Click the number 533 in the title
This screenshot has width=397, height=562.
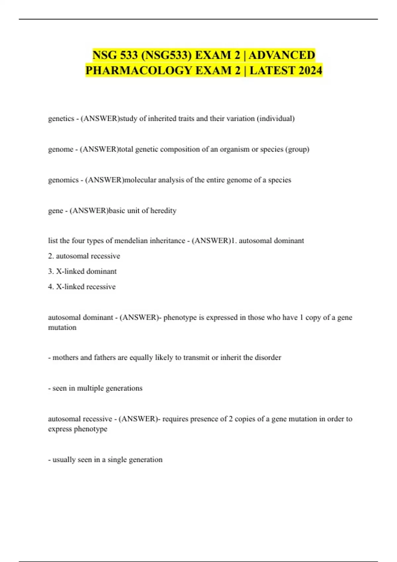129,55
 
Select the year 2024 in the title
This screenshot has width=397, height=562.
307,70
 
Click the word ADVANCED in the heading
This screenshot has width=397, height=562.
282,55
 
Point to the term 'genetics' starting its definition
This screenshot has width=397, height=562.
61,119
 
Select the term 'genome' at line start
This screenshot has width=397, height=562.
61,149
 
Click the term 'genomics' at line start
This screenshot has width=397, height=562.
63,180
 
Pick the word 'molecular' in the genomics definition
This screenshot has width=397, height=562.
140,180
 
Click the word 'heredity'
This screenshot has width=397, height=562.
163,211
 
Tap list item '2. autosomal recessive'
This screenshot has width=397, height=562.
84,256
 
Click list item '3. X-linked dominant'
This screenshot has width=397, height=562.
82,271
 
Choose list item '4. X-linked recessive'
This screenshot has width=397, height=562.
82,287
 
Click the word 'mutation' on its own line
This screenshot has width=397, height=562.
62,328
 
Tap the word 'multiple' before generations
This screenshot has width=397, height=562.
90,388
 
